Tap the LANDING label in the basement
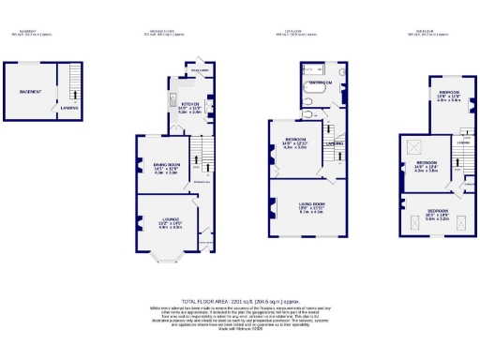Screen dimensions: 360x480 (x=69, y=108)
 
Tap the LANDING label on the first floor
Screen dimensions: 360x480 (x=334, y=143)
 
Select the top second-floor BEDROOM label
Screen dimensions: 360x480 (x=442, y=92)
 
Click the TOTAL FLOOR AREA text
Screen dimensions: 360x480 (x=240, y=299)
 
